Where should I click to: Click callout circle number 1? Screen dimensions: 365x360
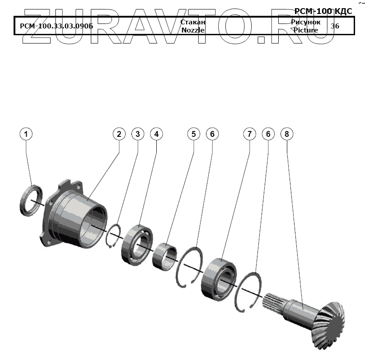point(26,134)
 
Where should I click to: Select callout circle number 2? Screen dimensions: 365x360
point(119,134)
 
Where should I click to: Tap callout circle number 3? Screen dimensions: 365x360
point(138,134)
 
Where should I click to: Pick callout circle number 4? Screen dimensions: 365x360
point(156,134)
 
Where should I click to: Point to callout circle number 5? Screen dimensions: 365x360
point(194,134)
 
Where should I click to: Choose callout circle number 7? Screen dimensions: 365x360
point(249,134)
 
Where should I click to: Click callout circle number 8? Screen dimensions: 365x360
point(287,134)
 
